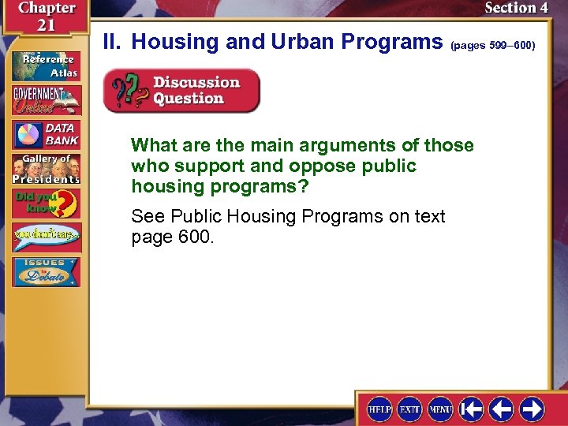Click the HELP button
(x=380, y=409)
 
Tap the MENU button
(x=440, y=409)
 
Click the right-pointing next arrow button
(x=532, y=409)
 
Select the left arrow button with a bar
(x=472, y=409)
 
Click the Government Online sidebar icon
(x=45, y=100)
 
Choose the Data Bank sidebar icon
(x=45, y=135)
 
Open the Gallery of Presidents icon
(x=45, y=168)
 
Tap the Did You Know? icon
(x=45, y=203)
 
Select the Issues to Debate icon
(x=45, y=271)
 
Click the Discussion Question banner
(x=181, y=91)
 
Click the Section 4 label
(x=516, y=8)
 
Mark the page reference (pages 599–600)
(x=492, y=46)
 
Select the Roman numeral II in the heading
(x=114, y=41)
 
